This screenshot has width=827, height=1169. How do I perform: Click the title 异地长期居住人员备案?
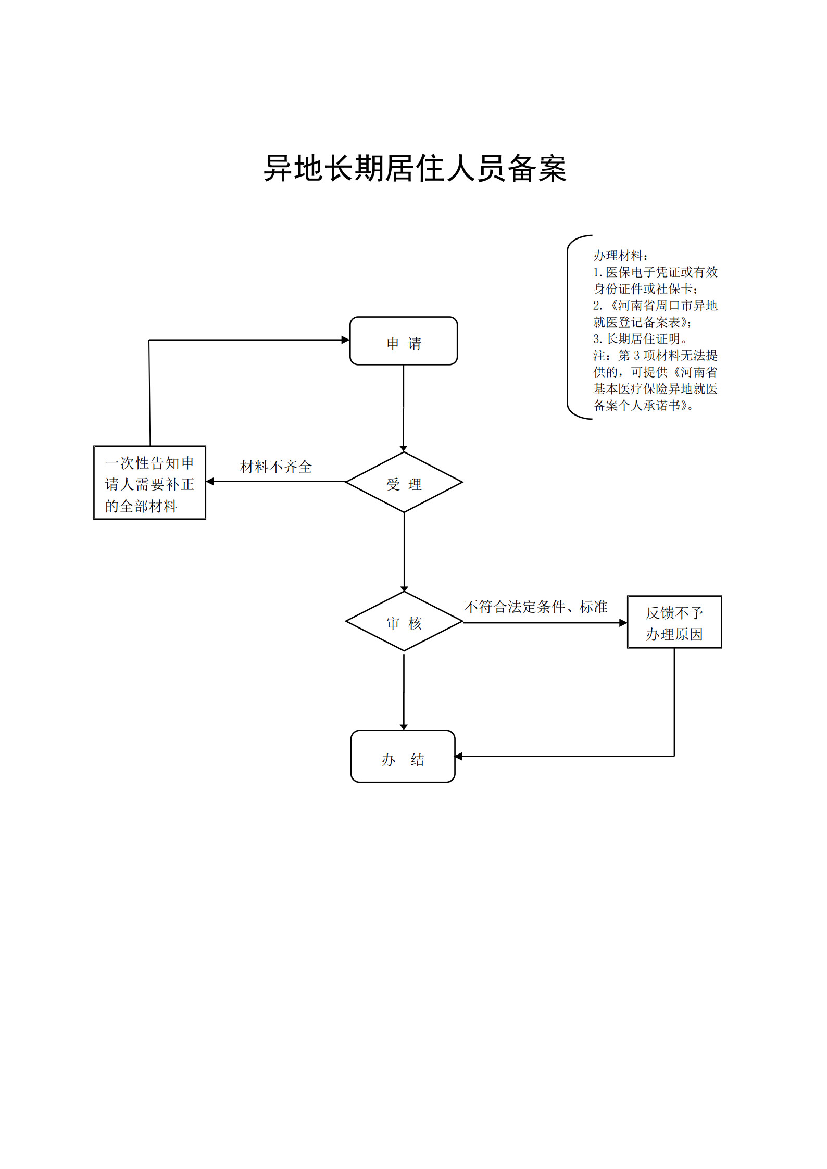pos(415,168)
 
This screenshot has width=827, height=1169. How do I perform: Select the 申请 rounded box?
pos(404,341)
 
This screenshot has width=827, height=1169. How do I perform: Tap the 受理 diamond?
pos(404,482)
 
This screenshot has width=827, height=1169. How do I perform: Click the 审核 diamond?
pos(404,621)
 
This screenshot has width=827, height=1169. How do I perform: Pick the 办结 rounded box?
pos(403,756)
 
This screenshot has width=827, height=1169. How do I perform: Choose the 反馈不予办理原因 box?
pos(674,622)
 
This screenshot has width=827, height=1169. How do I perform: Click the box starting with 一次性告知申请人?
pos(149,482)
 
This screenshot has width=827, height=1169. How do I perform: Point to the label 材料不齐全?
pos(276,467)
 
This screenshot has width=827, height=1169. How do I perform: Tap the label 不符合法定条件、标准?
pos(536,607)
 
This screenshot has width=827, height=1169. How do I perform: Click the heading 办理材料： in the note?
pos(621,256)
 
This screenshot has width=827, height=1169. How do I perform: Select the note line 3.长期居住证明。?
pos(641,339)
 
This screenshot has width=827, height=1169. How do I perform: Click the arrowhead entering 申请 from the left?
pos(345,340)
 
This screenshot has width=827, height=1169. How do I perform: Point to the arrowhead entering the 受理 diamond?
pos(404,448)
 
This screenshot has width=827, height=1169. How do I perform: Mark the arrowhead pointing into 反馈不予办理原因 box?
pos(623,623)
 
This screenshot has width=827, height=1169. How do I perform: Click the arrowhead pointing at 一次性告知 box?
pos(210,481)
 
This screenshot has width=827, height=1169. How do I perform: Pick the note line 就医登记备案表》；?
pos(643,322)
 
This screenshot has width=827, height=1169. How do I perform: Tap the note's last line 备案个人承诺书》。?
pos(644,406)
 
